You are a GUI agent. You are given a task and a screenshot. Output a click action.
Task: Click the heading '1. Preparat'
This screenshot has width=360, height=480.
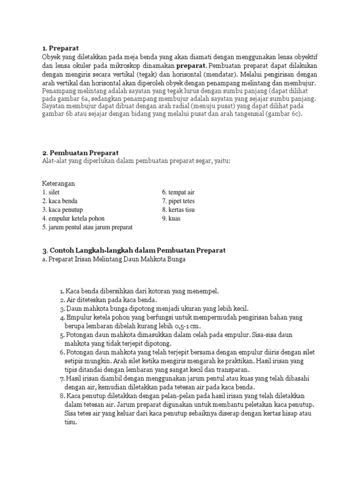60,48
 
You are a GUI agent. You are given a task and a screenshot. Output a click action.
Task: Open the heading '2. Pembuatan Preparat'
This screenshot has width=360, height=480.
80,153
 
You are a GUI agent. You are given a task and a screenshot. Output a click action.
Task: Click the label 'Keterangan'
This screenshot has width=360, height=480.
59,183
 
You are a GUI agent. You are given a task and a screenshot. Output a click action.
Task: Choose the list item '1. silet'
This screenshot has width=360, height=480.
51,193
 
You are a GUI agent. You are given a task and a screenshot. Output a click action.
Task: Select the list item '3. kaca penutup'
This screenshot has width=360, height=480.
62,210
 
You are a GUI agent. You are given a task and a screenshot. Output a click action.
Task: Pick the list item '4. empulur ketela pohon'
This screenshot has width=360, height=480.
73,218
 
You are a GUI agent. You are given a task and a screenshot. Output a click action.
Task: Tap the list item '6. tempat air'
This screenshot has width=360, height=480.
178,193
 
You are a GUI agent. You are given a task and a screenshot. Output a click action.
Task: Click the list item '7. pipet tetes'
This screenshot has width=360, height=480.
178,201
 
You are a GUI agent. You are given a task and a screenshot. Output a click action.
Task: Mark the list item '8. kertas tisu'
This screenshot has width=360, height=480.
178,210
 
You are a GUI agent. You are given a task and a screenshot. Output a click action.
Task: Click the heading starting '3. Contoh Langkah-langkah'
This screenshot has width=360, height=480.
134,250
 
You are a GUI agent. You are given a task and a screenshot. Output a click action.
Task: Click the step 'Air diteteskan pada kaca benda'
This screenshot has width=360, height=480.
111,300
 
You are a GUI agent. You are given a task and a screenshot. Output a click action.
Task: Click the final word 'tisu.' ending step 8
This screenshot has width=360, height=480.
70,421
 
